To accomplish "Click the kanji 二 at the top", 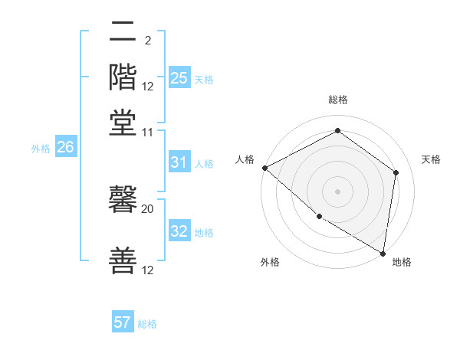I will pos(123,32).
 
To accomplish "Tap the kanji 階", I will pos(123,77).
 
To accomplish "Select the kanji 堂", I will pos(123,123).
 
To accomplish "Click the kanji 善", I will pos(123,260).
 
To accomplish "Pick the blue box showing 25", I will pos(179,78).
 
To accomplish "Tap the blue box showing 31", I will pos(179,162).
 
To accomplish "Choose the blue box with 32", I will pos(179,231).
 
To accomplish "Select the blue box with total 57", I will pos(123,322).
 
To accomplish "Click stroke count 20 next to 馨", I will pos(148,208).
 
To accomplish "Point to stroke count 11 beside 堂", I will pos(148,133).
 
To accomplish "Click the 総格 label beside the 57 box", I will pos(147,324).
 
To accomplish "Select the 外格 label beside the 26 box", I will pos(41,149).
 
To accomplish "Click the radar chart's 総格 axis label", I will pos(338,100).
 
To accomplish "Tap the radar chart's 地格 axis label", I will pos(402,263).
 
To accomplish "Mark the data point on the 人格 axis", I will pos(264,168).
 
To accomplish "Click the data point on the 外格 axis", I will pos(318,217).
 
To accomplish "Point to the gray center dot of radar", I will pos(338,191).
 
